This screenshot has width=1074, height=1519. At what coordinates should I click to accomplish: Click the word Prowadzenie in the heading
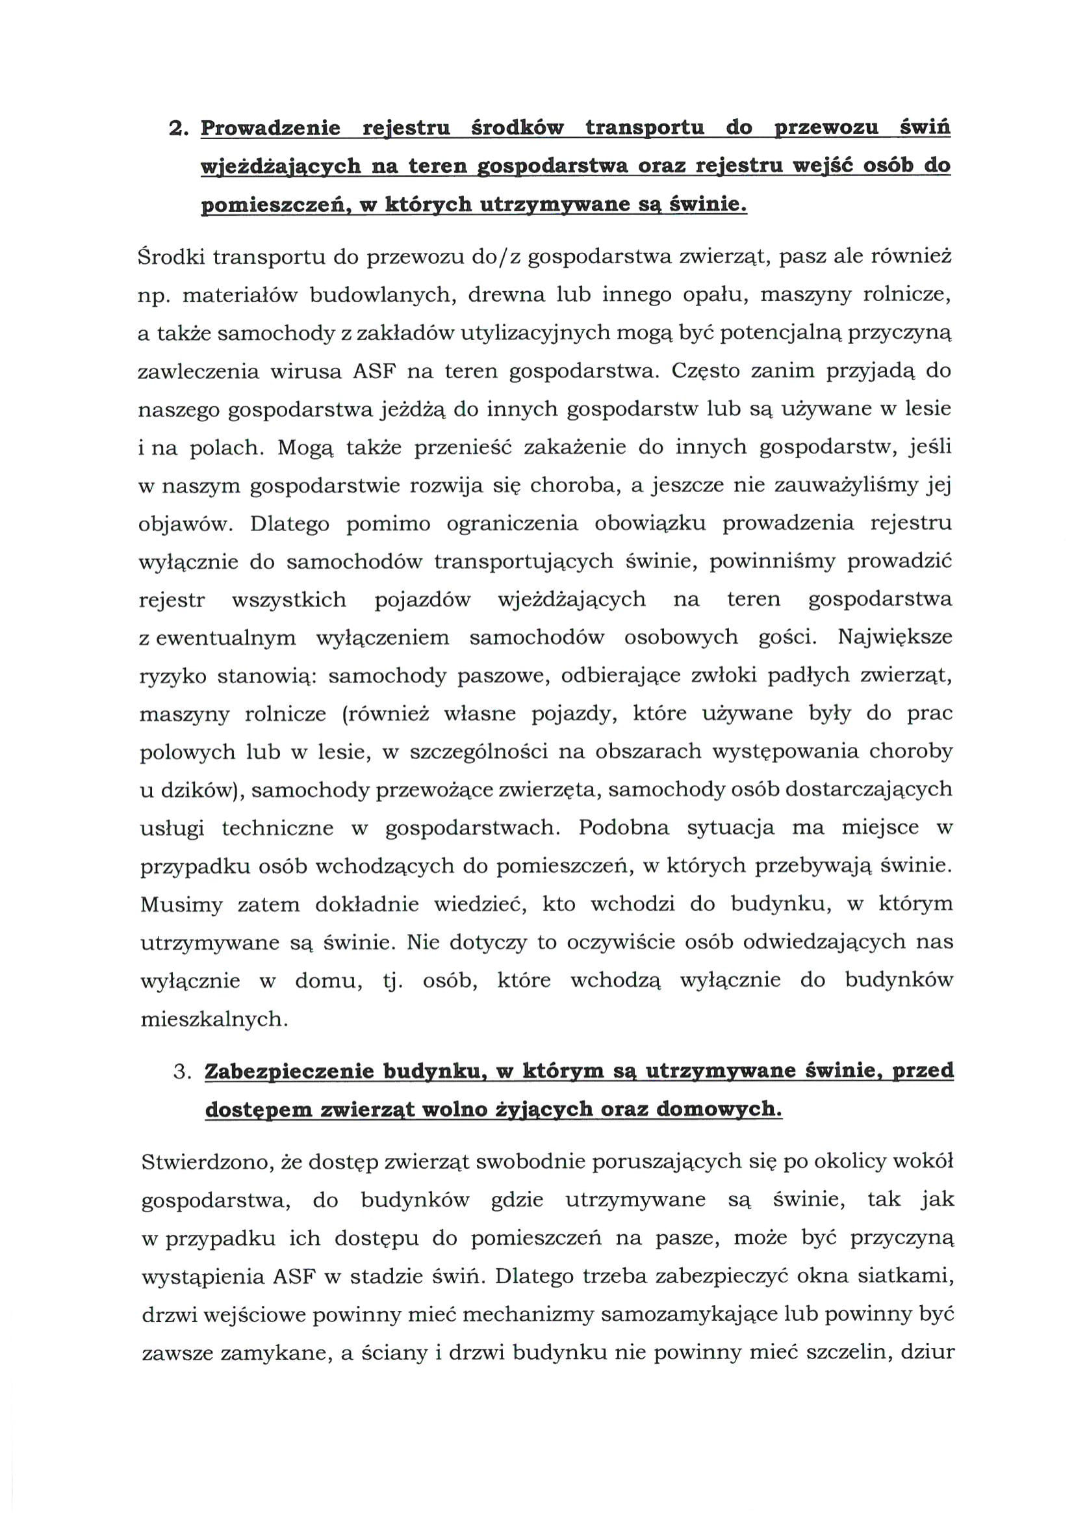coord(270,127)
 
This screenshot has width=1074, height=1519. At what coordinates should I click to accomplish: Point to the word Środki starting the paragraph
coord(168,256)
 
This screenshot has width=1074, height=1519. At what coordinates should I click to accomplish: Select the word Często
coord(704,370)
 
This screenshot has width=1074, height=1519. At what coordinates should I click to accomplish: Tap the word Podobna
coord(624,828)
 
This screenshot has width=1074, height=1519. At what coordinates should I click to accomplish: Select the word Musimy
coord(181,905)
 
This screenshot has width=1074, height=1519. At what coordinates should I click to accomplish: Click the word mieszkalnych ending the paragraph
coord(213,1020)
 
